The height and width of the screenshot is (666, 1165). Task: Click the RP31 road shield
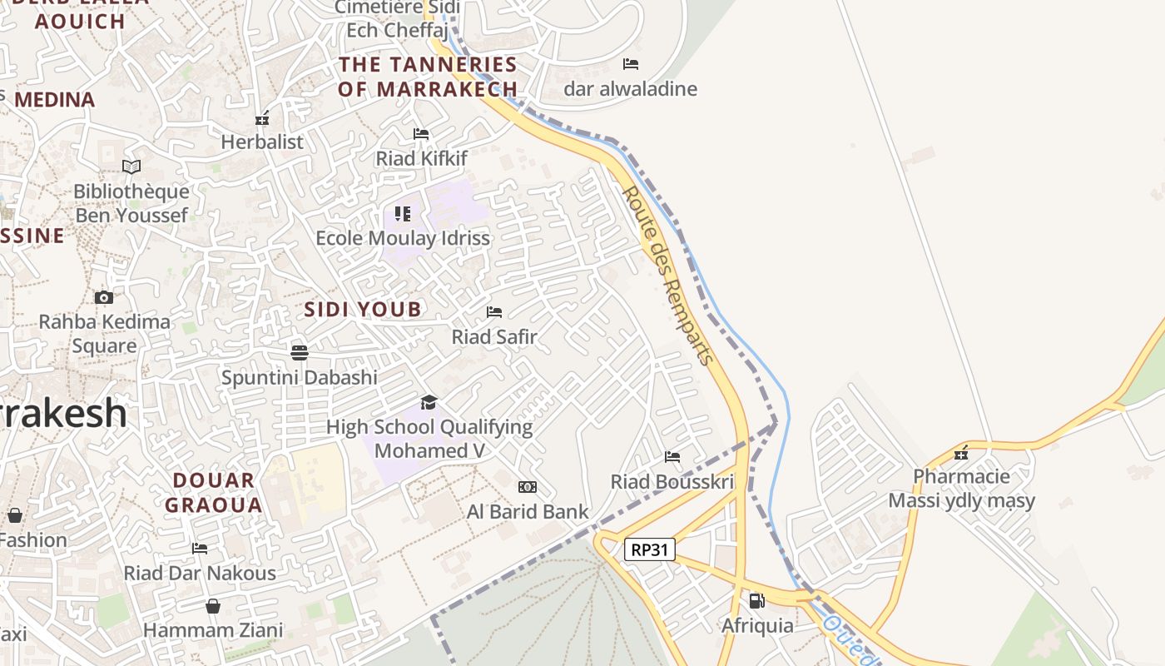click(649, 549)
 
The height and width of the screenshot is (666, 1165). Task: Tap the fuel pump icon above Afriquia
click(756, 600)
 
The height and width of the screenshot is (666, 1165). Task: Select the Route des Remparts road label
click(668, 276)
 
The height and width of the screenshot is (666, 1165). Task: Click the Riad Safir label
click(494, 337)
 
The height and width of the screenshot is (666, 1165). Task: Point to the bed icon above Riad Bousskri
click(672, 456)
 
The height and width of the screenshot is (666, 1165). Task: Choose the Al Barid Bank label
click(528, 512)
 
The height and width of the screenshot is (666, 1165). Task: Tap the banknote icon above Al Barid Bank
click(528, 487)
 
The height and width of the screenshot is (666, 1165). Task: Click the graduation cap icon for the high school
click(429, 402)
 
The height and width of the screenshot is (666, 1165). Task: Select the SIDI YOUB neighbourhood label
click(362, 310)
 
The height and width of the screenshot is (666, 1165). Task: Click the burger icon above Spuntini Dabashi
click(300, 352)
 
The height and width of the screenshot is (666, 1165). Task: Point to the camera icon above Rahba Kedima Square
click(104, 297)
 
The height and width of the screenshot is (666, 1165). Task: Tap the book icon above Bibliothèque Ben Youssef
click(131, 166)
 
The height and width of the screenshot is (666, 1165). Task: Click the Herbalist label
click(262, 142)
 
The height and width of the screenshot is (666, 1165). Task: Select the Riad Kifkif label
click(422, 158)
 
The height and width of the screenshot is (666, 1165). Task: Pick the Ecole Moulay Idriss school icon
click(403, 214)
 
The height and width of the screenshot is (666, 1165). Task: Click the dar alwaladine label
click(631, 89)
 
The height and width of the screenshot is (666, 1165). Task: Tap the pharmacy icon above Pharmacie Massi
click(961, 452)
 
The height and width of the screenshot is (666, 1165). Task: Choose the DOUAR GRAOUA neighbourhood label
click(214, 492)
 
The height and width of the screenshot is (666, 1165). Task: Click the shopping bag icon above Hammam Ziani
click(213, 605)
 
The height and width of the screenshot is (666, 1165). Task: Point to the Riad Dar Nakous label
click(200, 574)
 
